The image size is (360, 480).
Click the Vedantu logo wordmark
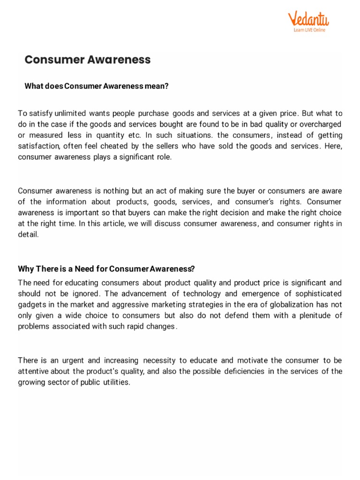(308, 19)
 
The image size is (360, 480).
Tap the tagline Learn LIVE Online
(309, 30)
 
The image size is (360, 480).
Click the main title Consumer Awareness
(88, 60)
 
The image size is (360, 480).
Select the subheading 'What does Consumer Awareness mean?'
(96, 86)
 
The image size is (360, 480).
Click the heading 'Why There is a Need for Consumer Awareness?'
(106, 269)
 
